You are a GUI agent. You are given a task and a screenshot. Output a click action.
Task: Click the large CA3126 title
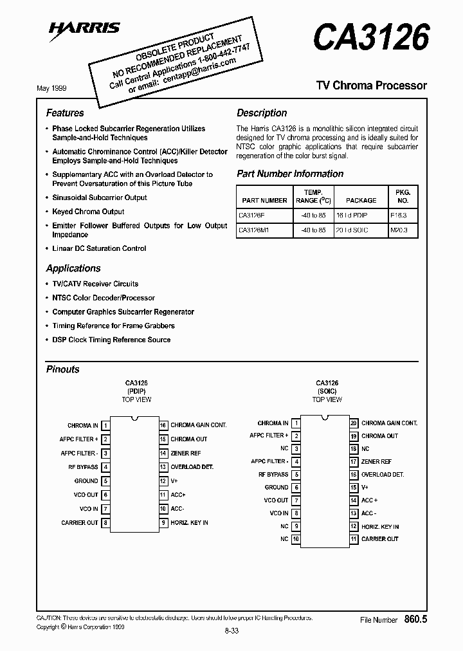click(370, 37)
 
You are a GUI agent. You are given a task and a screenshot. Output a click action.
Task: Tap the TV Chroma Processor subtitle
click(371, 86)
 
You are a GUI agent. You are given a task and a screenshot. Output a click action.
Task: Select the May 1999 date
click(51, 88)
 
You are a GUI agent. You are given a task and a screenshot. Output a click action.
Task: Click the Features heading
click(65, 113)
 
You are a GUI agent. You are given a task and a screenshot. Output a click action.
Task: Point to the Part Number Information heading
click(290, 174)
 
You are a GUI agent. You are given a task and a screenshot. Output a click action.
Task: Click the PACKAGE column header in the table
click(361, 201)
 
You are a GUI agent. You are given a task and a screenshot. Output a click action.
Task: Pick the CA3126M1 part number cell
click(255, 230)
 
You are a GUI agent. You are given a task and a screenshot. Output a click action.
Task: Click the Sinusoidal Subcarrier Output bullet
click(100, 197)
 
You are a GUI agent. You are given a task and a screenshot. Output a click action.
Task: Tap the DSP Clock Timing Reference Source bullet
click(111, 340)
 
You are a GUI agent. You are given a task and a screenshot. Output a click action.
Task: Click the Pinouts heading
click(63, 369)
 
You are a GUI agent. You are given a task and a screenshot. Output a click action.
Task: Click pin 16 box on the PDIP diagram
click(164, 425)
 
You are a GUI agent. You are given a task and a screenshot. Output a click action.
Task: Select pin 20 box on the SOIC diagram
click(354, 423)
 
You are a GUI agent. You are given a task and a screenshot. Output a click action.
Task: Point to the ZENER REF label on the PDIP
click(186, 453)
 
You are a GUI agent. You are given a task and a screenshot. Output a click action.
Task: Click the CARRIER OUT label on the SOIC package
click(380, 539)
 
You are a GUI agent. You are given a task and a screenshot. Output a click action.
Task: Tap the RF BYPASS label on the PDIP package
click(83, 467)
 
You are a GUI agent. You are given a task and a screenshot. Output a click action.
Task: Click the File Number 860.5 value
click(416, 619)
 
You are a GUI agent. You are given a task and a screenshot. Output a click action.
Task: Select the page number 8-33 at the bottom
click(232, 632)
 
